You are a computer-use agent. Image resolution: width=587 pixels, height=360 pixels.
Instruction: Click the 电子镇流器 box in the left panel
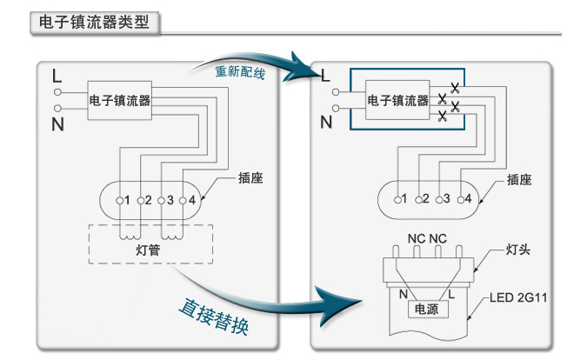point(120,101)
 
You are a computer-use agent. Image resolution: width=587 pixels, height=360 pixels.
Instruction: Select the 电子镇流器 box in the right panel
point(397,101)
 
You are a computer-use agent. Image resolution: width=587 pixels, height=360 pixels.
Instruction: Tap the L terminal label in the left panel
point(57,74)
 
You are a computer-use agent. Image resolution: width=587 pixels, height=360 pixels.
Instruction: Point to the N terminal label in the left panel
point(57,123)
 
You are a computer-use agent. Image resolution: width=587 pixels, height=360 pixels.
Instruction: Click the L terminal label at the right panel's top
point(326,75)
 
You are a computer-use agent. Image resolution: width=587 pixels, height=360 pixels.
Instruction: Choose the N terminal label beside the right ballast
point(326,123)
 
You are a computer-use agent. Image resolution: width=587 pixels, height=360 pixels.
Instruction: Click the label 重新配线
point(240,71)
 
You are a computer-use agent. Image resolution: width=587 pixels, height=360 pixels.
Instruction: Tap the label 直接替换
point(214,318)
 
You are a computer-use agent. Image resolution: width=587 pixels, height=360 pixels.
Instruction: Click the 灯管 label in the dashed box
point(150,250)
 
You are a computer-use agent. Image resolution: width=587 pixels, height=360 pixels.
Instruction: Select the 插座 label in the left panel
point(250,179)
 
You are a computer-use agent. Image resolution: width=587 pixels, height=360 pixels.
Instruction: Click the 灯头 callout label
point(518,251)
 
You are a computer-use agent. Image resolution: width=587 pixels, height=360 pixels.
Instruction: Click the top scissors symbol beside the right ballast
point(453,85)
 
